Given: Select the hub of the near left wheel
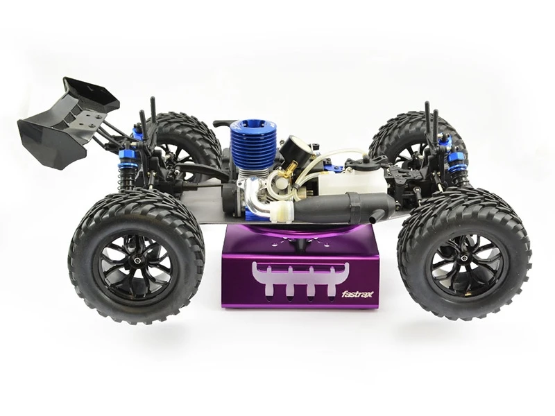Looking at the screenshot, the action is (137, 261).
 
